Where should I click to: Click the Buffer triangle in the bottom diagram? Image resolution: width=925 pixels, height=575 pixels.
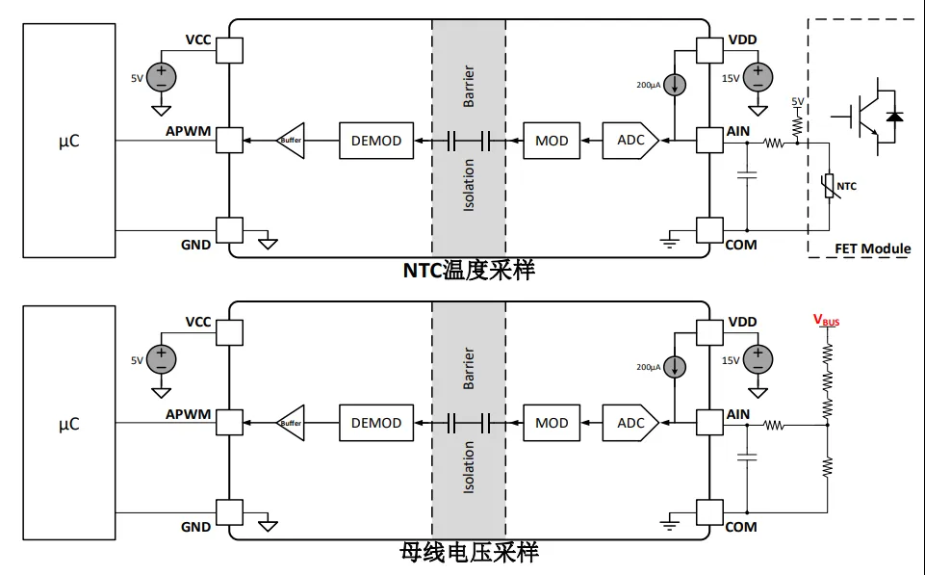[x=290, y=423]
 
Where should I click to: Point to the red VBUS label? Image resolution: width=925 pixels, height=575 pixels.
[x=826, y=320]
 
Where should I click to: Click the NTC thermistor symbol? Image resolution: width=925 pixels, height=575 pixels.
[x=828, y=185]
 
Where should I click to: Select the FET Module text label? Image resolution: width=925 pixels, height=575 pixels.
[x=872, y=248]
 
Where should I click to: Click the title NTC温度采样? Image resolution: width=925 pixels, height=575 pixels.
[x=469, y=270]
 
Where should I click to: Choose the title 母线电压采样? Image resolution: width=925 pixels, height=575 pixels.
[x=469, y=552]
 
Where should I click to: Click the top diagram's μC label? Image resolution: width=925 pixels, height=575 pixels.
[x=68, y=142]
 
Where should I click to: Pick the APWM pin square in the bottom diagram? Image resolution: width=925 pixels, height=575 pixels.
[x=228, y=423]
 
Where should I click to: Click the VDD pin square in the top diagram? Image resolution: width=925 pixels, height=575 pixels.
[x=709, y=48]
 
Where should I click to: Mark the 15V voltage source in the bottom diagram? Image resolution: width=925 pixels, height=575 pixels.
[x=759, y=359]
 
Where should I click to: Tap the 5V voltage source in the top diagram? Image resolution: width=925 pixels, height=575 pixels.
[x=162, y=76]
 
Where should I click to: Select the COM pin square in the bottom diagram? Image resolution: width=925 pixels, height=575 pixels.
[x=709, y=512]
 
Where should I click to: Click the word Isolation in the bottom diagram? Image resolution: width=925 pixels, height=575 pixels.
[x=469, y=467]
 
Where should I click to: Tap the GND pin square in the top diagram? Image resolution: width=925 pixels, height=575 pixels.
[x=228, y=229]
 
